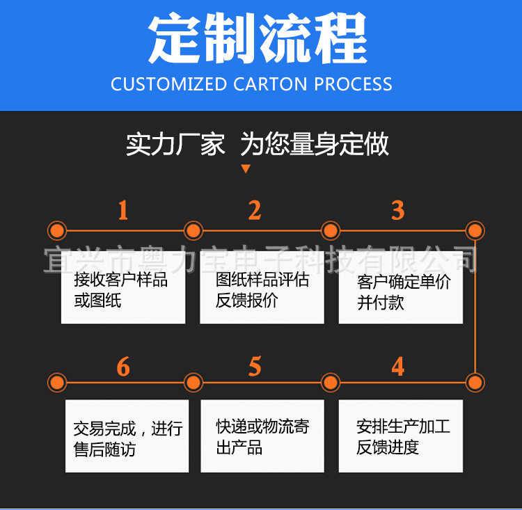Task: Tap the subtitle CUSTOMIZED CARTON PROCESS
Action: pyautogui.click(x=251, y=85)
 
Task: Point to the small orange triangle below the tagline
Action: pyautogui.click(x=245, y=168)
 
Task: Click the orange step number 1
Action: pyautogui.click(x=123, y=210)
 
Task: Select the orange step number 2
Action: pyautogui.click(x=255, y=210)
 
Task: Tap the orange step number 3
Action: pyautogui.click(x=397, y=210)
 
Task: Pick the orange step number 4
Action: pyautogui.click(x=397, y=367)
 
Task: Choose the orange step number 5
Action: pyautogui.click(x=255, y=367)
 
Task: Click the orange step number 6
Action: pyautogui.click(x=123, y=367)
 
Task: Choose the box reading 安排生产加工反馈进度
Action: pyautogui.click(x=400, y=436)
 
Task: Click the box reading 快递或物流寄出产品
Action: pyautogui.click(x=262, y=436)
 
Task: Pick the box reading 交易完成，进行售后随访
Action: pyautogui.click(x=127, y=436)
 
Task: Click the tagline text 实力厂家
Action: pyautogui.click(x=175, y=145)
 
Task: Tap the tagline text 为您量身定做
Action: pyautogui.click(x=315, y=145)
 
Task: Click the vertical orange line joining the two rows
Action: pyautogui.click(x=475, y=306)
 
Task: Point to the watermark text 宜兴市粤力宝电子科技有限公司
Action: pyautogui.click(x=261, y=258)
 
